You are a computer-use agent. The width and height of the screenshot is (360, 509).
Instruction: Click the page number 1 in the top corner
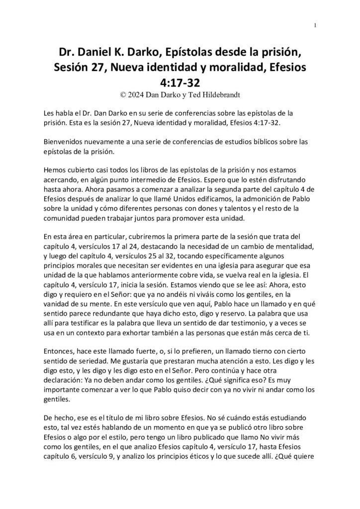coord(316,25)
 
